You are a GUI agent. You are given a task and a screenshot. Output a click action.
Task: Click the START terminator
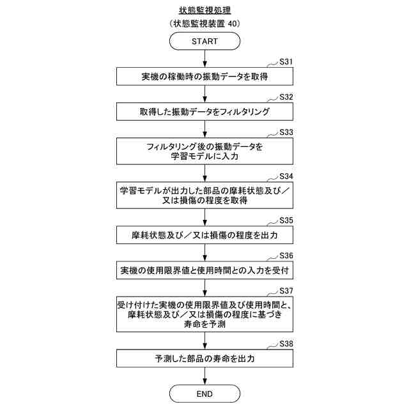pyautogui.click(x=204, y=42)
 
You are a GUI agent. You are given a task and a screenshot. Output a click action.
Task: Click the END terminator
pyautogui.click(x=204, y=393)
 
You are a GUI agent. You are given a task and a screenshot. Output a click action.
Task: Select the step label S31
pyautogui.click(x=287, y=62)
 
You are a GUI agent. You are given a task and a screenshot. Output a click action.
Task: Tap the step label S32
pyautogui.click(x=287, y=97)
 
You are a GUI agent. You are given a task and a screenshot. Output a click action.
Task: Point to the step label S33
pyautogui.click(x=287, y=132)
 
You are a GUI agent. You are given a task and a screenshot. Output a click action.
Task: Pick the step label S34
pyautogui.click(x=287, y=176)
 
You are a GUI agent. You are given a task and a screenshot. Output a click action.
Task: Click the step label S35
pyautogui.click(x=287, y=220)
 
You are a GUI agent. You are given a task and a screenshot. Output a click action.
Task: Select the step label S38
pyautogui.click(x=287, y=343)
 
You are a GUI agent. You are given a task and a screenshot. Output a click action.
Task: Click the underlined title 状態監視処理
pyautogui.click(x=204, y=10)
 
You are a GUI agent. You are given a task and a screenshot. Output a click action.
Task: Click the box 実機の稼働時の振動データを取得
pyautogui.click(x=204, y=77)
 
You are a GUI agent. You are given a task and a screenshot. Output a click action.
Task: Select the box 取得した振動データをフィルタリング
pyautogui.click(x=204, y=112)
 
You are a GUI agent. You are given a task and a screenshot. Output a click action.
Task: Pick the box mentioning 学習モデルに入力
pyautogui.click(x=204, y=151)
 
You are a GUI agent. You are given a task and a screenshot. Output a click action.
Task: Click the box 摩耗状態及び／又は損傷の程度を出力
pyautogui.click(x=204, y=235)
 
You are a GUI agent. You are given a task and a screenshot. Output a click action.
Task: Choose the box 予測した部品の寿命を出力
pyautogui.click(x=204, y=359)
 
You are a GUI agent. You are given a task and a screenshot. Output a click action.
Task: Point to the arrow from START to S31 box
pyautogui.click(x=204, y=58)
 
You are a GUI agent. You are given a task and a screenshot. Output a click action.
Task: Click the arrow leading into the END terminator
pyautogui.click(x=204, y=376)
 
